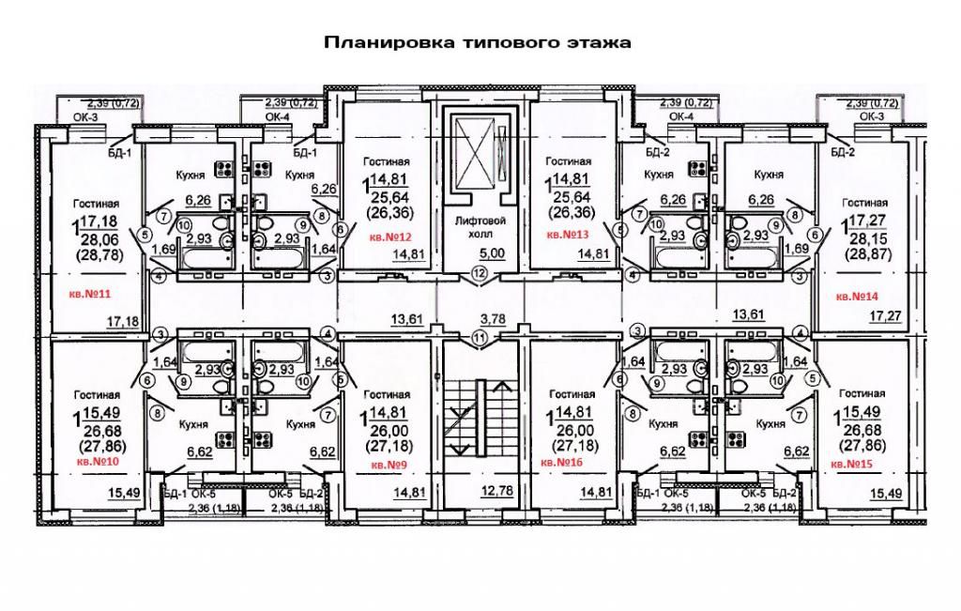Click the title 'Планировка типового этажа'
pos(477,43)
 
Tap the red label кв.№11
pos(90,295)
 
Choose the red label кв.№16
pos(563,464)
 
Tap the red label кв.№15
pos(851,464)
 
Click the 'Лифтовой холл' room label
pos(480,226)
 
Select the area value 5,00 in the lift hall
pos(480,253)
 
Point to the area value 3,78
pos(480,319)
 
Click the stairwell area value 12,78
pos(480,491)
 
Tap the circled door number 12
pos(480,274)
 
